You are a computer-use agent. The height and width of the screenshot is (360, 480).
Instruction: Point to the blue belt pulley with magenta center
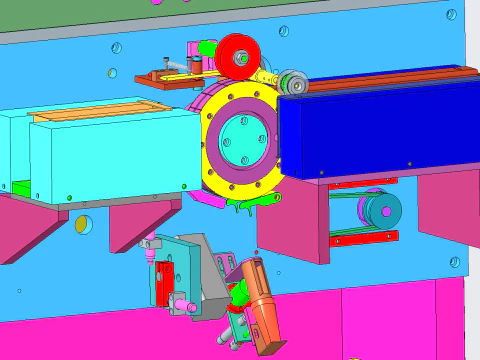click(x=381, y=210)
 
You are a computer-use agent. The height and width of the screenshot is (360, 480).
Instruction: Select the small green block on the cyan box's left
click(x=19, y=186)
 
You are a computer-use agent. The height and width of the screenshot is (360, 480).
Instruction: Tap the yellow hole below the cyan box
click(x=81, y=224)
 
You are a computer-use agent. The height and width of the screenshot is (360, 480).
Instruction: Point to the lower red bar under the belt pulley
click(x=365, y=238)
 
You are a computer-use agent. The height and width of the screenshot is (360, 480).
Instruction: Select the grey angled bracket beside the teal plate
click(x=209, y=275)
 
